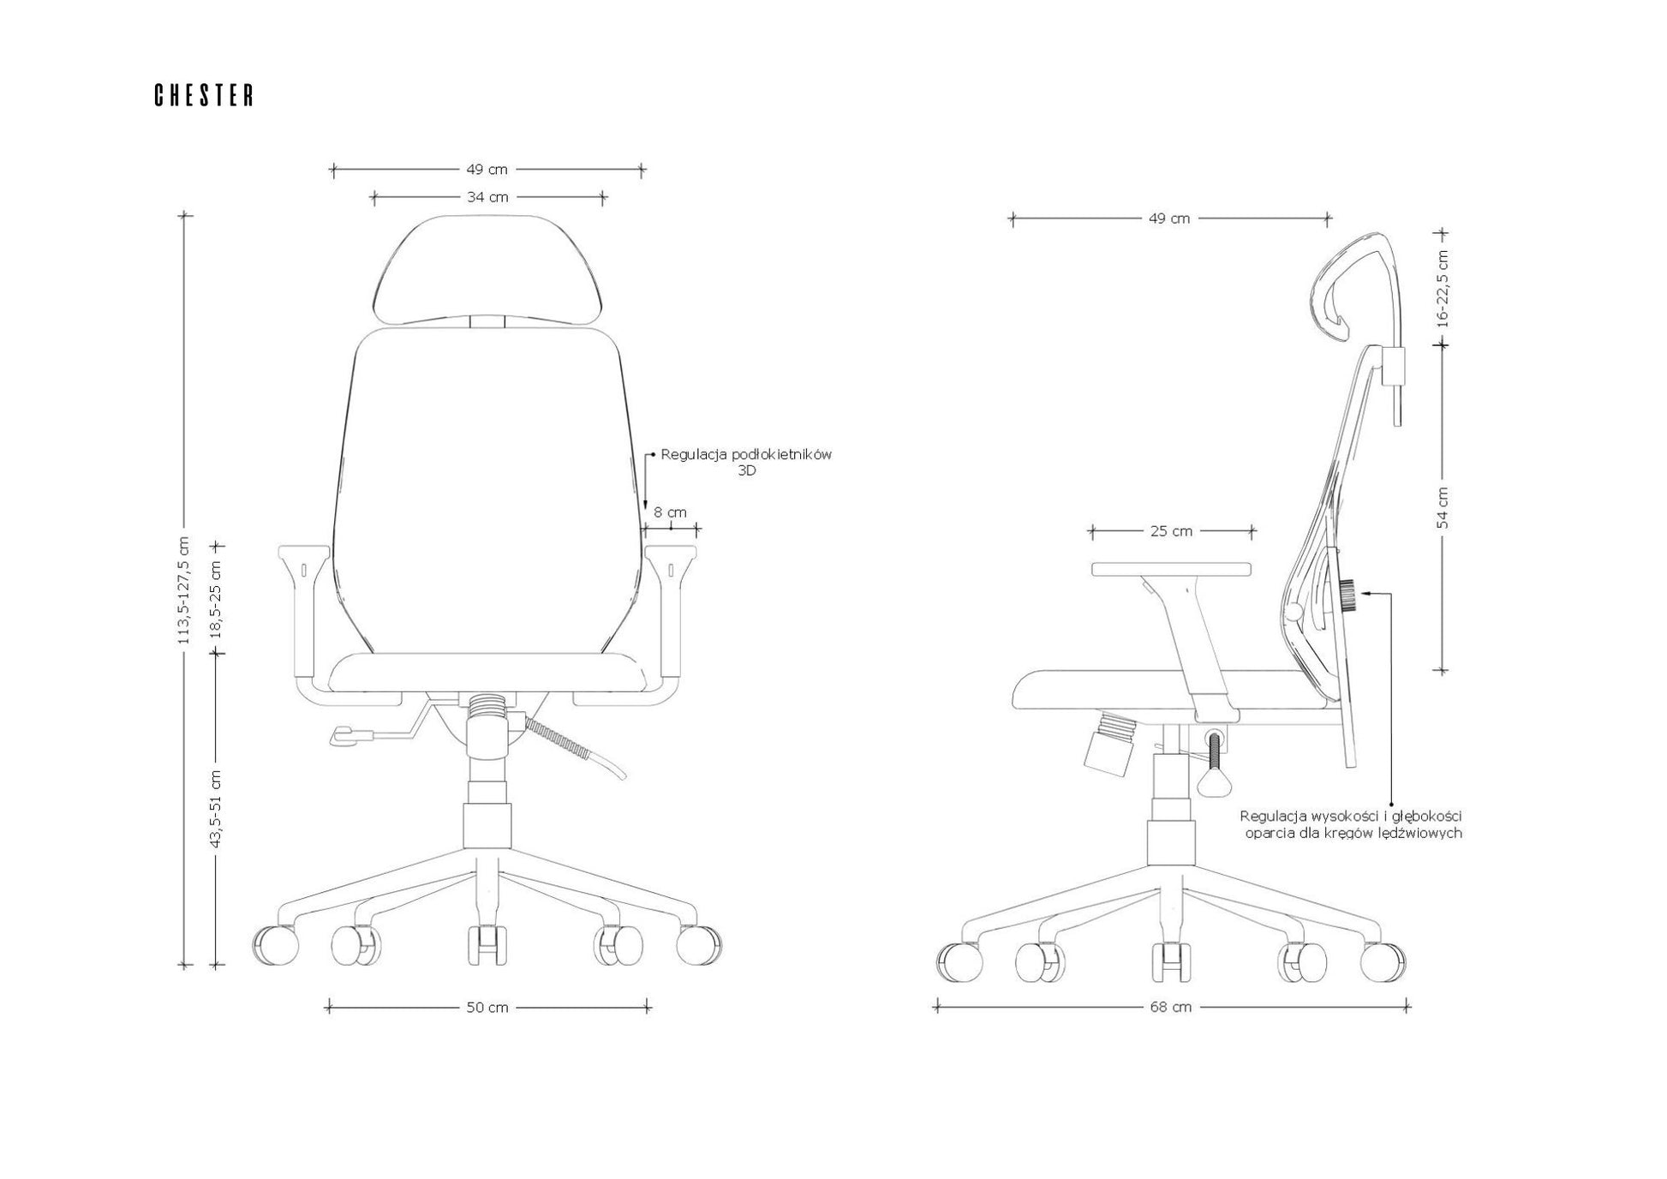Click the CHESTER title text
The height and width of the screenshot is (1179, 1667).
(x=204, y=95)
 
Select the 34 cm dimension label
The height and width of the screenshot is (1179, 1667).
(x=487, y=197)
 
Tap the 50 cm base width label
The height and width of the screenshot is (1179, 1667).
(x=487, y=1008)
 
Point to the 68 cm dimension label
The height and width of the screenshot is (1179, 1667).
(x=1170, y=1007)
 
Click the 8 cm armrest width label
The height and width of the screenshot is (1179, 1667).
(x=671, y=512)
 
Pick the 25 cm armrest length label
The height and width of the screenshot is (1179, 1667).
(x=1171, y=531)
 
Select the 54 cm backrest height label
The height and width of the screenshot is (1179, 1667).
(x=1443, y=507)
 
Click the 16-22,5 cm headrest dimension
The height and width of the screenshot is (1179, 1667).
(x=1443, y=289)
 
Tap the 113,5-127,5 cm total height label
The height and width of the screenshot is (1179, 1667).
(x=182, y=590)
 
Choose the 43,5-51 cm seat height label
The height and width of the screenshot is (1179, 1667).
(x=216, y=809)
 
